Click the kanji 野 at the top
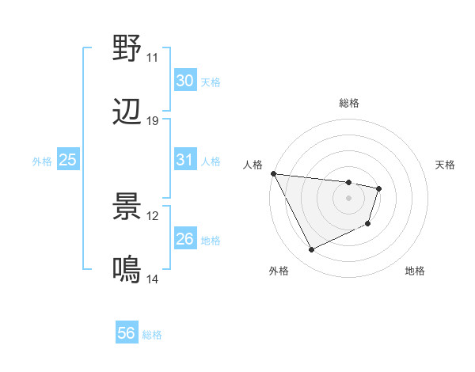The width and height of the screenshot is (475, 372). tap(127, 48)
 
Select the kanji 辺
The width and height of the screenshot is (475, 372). tap(127, 113)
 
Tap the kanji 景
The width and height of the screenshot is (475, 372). tap(127, 207)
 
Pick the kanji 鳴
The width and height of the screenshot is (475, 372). tap(127, 271)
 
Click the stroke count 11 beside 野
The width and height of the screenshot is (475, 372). tap(152, 58)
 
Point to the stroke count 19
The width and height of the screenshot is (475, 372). tap(152, 122)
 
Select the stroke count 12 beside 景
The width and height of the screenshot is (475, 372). tap(152, 216)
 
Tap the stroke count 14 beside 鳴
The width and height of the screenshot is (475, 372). tap(152, 280)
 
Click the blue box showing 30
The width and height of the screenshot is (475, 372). tap(184, 81)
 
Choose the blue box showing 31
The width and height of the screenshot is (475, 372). tap(184, 160)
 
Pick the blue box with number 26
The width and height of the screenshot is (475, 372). tap(184, 239)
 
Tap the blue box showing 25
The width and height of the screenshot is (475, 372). tap(67, 160)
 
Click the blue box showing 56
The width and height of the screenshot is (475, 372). tap(126, 334)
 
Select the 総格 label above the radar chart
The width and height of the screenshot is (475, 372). tap(348, 103)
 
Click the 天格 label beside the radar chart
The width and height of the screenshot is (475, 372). tap(445, 165)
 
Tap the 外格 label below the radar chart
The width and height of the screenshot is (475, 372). tap(279, 271)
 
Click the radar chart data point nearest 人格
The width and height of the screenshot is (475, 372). tap(274, 173)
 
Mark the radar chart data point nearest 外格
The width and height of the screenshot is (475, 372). tap(311, 250)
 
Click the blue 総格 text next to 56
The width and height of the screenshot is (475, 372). tap(152, 335)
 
